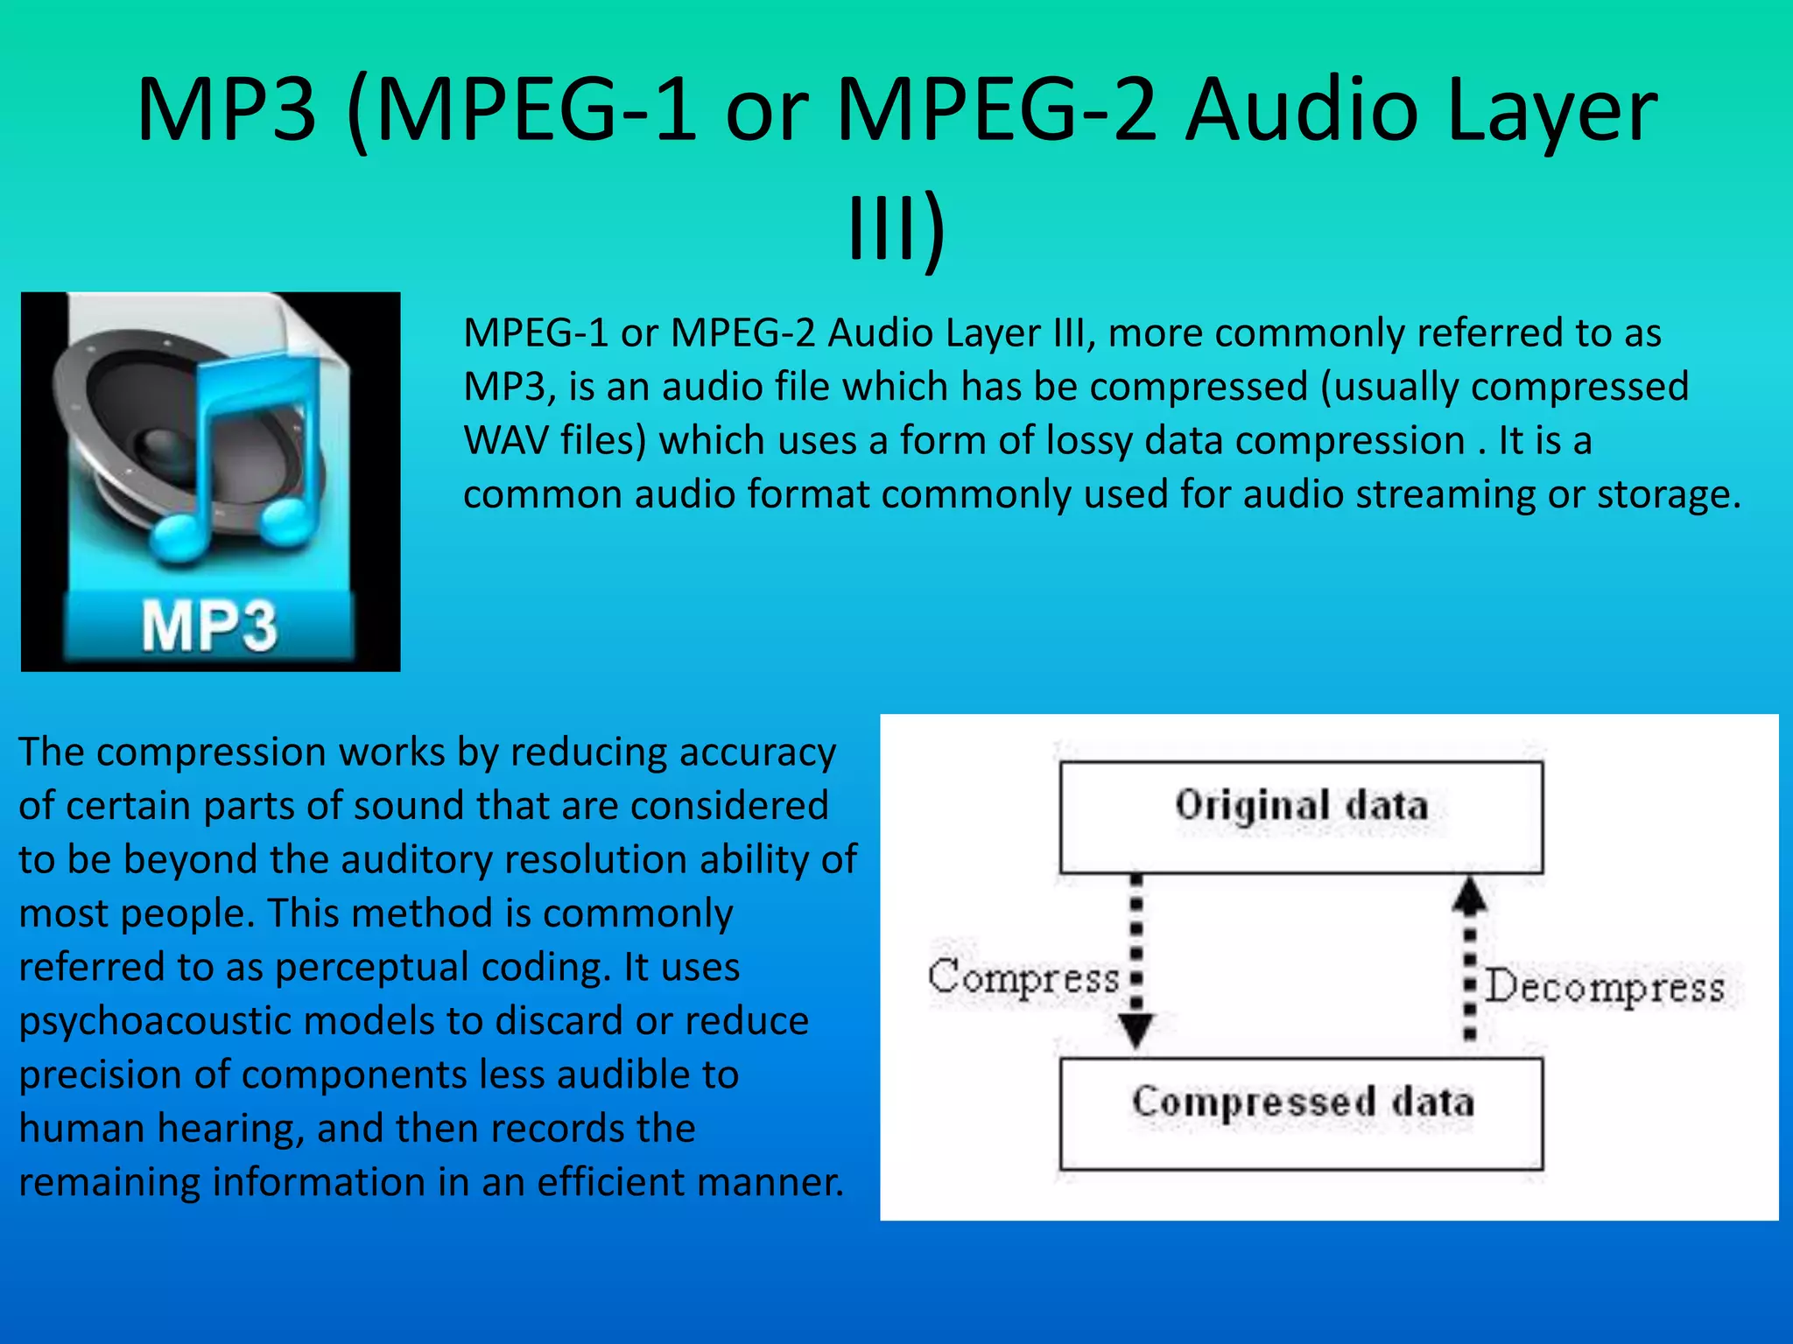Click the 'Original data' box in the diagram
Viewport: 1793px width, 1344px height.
click(1301, 815)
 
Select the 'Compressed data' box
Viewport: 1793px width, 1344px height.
click(1301, 1112)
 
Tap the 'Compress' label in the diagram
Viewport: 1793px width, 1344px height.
click(1023, 976)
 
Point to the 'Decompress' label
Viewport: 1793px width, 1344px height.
click(1605, 987)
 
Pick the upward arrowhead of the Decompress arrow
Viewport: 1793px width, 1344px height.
click(1470, 895)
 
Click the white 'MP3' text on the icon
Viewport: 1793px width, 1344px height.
click(209, 626)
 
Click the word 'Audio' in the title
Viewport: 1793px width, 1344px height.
click(1301, 110)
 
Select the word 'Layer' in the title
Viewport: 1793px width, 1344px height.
click(1550, 110)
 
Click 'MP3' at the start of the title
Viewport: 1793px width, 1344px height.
click(226, 110)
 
